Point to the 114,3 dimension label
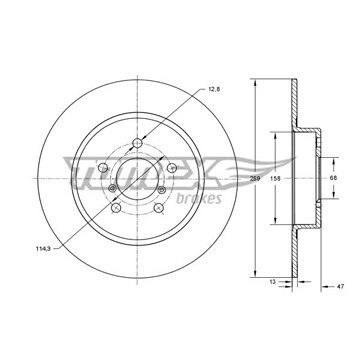(42, 248)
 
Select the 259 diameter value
(255, 178)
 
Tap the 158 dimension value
(275, 178)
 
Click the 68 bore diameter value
(333, 178)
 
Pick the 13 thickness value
(272, 282)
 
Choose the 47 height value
(340, 286)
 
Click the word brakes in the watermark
(199, 199)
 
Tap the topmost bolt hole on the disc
(137, 143)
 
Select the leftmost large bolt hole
(103, 168)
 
